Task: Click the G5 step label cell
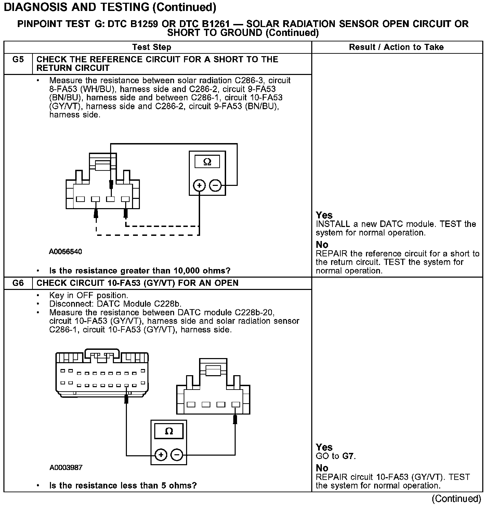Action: (x=18, y=60)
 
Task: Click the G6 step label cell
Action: (x=18, y=283)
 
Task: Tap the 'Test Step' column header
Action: (x=152, y=47)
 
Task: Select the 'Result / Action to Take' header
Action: (x=396, y=47)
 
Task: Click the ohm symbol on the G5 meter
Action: (x=207, y=162)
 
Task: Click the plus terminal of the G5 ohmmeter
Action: (x=199, y=186)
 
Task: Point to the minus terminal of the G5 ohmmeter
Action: (x=215, y=186)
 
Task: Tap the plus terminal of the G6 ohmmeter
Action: (x=161, y=455)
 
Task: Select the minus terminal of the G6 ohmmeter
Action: (x=177, y=455)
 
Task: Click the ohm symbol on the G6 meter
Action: (x=169, y=431)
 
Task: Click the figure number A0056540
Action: (x=65, y=252)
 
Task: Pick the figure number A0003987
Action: (x=66, y=468)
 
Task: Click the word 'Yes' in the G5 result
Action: (x=324, y=215)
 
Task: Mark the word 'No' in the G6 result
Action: (x=322, y=468)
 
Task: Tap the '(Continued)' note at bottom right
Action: (x=456, y=499)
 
